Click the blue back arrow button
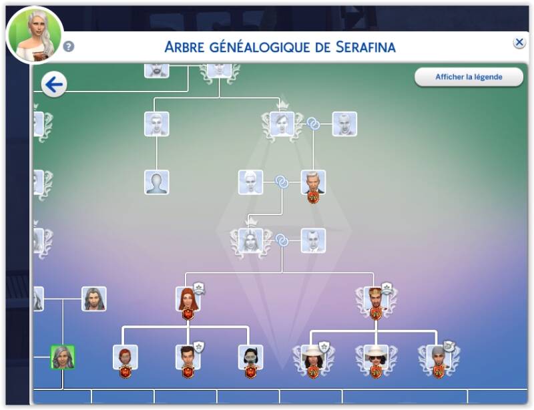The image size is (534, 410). (54, 85)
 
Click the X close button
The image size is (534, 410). (519, 43)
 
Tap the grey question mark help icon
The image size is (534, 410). (69, 46)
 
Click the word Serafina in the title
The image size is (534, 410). (365, 47)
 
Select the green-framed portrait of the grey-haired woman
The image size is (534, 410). (63, 357)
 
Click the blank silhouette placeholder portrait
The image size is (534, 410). (156, 182)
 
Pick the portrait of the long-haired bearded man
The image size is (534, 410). (93, 298)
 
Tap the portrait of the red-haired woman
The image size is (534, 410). (188, 298)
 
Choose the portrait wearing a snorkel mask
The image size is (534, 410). (250, 357)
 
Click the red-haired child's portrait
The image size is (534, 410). (125, 357)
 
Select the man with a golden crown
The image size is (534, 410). (376, 298)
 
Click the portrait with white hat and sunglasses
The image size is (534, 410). (376, 357)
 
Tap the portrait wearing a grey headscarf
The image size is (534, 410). (439, 357)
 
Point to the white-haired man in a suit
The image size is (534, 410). (313, 182)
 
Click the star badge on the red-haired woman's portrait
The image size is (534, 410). (199, 288)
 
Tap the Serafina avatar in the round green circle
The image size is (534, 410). (35, 35)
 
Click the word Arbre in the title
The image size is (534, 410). (184, 47)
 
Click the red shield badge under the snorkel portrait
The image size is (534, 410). (250, 371)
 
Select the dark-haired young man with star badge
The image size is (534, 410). (188, 357)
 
